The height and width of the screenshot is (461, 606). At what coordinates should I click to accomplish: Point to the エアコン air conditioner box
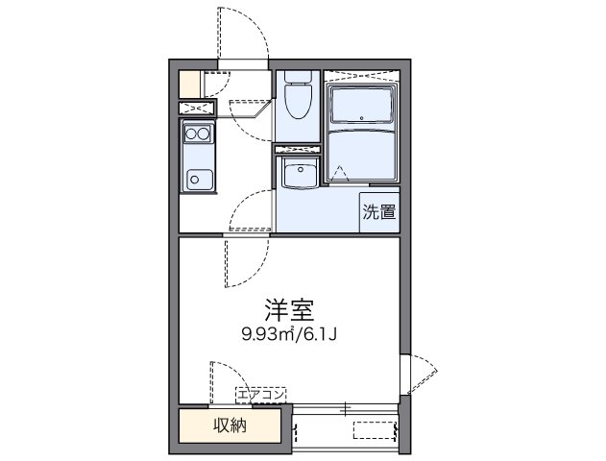(x=261, y=394)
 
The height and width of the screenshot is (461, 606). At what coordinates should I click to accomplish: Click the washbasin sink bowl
(x=301, y=174)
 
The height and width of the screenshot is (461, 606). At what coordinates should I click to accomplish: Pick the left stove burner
(x=192, y=134)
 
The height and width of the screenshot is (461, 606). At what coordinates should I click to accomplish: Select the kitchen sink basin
(x=199, y=179)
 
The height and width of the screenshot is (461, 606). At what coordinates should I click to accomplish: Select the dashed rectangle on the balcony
(x=375, y=430)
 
